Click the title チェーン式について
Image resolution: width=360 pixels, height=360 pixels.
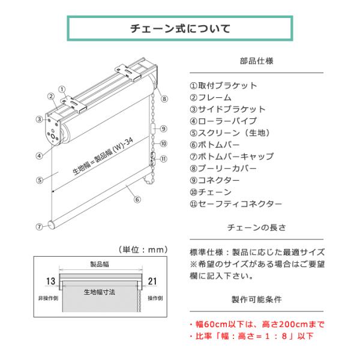[x=180, y=28]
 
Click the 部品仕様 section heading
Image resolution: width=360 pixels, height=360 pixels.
[x=257, y=61]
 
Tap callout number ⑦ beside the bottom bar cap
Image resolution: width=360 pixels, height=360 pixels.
[x=39, y=227]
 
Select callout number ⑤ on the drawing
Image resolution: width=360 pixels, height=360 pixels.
[x=39, y=179]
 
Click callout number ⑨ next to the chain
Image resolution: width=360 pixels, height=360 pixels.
[x=163, y=129]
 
